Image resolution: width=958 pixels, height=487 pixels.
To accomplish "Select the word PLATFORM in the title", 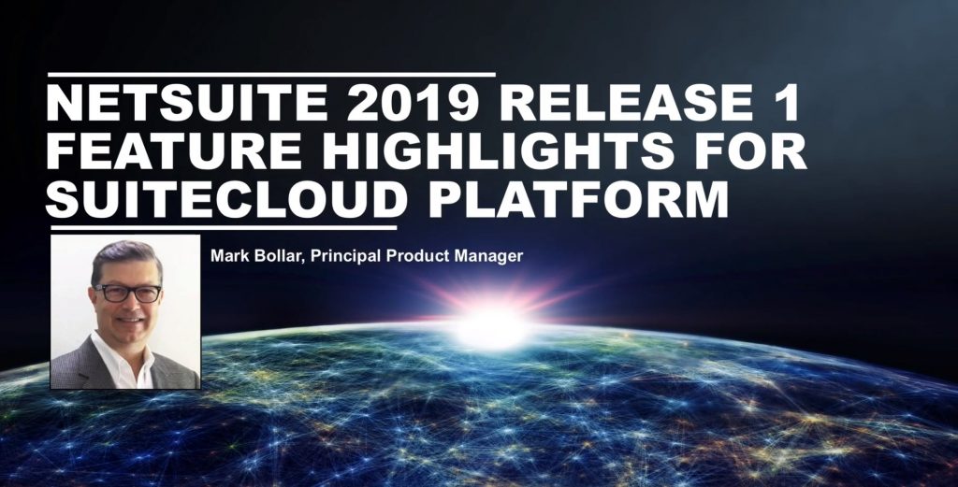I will pyautogui.click(x=574, y=200).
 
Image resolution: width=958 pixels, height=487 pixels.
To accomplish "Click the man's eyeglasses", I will pyautogui.click(x=126, y=293).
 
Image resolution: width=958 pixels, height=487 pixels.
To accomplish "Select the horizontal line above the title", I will pyautogui.click(x=271, y=73).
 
